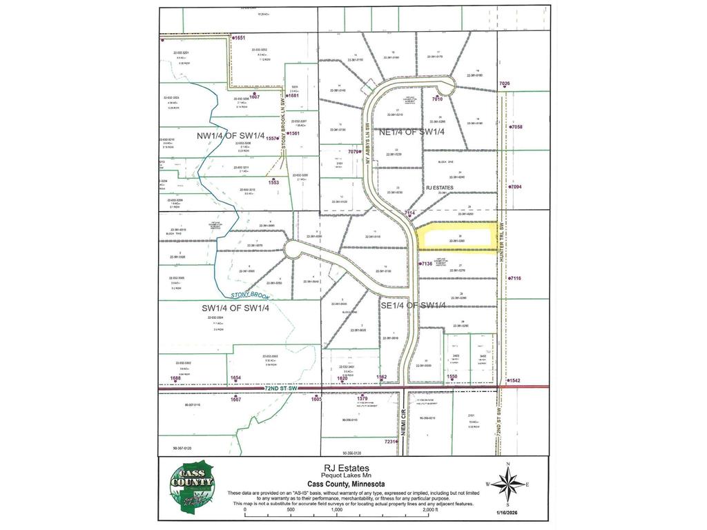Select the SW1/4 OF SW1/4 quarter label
[235, 308]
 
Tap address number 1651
[240, 37]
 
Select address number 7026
[505, 84]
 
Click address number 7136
[426, 264]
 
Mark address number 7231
[391, 442]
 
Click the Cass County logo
[193, 487]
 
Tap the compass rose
[507, 484]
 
